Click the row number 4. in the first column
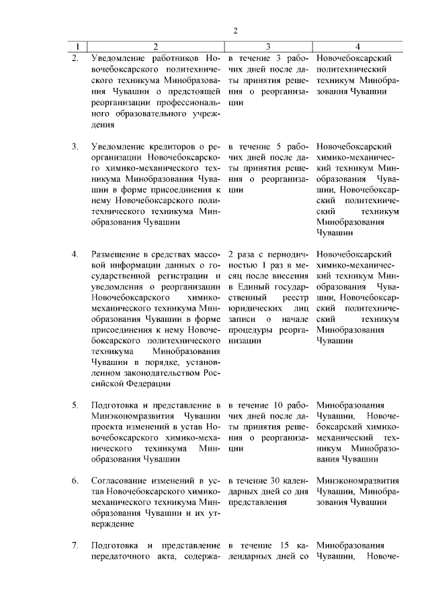75,256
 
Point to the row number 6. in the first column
75,481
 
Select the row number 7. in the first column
75,545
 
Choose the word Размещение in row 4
116,256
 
